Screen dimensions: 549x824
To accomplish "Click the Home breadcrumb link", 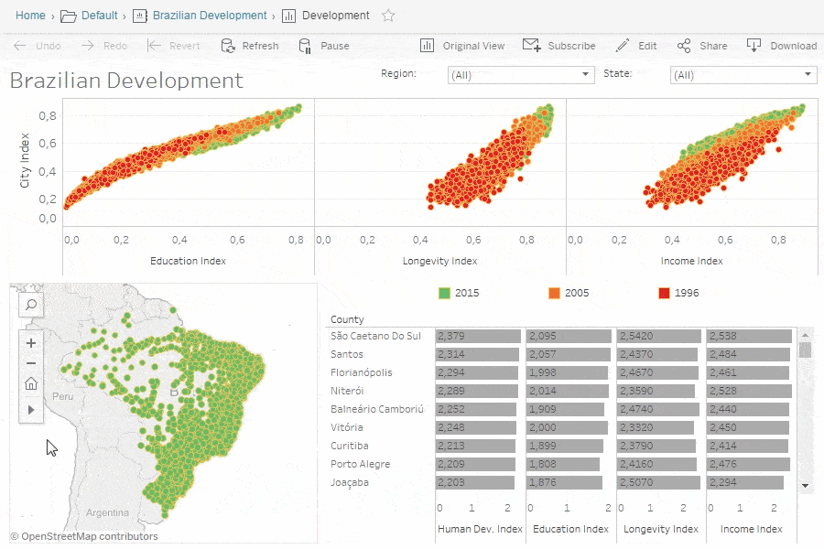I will click(x=30, y=16).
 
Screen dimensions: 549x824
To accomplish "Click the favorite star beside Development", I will click(x=388, y=16).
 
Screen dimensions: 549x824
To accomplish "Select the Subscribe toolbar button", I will click(x=558, y=46).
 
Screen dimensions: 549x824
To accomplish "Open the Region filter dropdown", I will click(x=521, y=75).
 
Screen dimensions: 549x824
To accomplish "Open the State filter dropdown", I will click(x=743, y=75).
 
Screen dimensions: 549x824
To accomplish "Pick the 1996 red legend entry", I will click(x=678, y=293).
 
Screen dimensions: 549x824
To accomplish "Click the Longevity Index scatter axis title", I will click(x=440, y=261).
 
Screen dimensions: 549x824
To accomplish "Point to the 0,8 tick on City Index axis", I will click(x=48, y=115).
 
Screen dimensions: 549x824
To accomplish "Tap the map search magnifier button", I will click(x=31, y=305).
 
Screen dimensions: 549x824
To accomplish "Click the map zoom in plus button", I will click(x=31, y=344).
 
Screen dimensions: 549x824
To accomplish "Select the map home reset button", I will click(x=31, y=384).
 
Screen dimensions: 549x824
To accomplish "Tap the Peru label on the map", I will click(x=62, y=397).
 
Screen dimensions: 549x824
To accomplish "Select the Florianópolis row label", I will click(x=361, y=372).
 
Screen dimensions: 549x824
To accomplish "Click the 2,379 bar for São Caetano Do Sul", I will click(x=478, y=336).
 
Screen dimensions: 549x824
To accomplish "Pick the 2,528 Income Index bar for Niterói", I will click(x=748, y=391).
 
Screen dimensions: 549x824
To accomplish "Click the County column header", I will click(x=347, y=319).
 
